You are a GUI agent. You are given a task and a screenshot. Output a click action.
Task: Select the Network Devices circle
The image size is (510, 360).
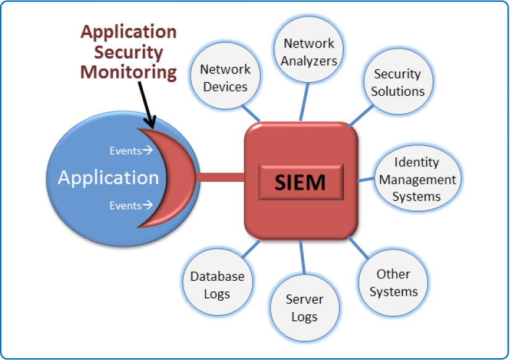click(226, 79)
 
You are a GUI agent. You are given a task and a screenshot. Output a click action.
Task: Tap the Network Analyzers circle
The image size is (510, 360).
click(309, 52)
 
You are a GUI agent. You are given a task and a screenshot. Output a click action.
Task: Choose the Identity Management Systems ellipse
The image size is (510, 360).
click(417, 179)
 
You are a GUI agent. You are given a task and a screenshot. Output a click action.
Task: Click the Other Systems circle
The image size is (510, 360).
click(394, 283)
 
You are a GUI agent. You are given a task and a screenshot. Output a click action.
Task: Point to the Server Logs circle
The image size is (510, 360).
click(304, 308)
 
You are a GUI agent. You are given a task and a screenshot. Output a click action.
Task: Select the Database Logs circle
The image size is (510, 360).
click(217, 285)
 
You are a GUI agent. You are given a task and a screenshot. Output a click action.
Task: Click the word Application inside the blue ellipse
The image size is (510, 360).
click(108, 178)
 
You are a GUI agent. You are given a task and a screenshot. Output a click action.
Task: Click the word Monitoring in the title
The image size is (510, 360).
click(129, 72)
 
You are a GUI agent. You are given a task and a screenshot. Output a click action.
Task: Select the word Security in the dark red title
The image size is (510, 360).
click(129, 52)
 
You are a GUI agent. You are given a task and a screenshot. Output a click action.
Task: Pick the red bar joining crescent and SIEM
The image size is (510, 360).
click(219, 178)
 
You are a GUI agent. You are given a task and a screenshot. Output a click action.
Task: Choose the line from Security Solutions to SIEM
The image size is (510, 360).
click(362, 115)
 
